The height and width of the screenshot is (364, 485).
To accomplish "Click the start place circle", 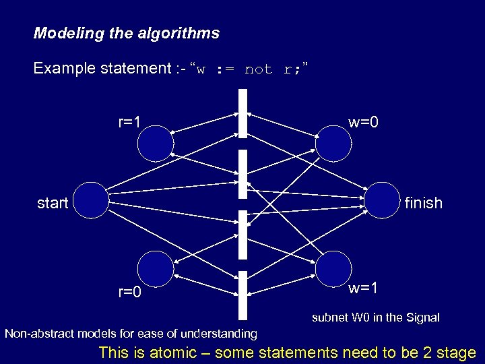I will coord(91,200).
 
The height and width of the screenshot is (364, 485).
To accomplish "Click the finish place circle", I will coord(382,200).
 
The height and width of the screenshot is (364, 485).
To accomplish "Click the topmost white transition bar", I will coord(243,113).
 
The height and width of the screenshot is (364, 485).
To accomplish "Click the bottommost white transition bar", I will coord(243,295).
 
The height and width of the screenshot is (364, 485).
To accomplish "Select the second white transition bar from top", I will coord(243,174).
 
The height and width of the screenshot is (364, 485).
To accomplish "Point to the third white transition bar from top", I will coord(243,234).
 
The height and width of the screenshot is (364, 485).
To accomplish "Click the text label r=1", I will coord(129,123).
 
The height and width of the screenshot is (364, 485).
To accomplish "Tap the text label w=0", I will coord(363,123).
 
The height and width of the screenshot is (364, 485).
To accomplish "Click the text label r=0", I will coord(129,293).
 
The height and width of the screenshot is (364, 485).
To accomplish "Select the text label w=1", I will coord(363,289).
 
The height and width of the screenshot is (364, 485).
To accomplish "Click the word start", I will coord(53,202).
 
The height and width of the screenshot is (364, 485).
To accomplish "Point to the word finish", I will coord(424,203).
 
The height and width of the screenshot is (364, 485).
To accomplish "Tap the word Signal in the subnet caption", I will coord(422,317).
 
